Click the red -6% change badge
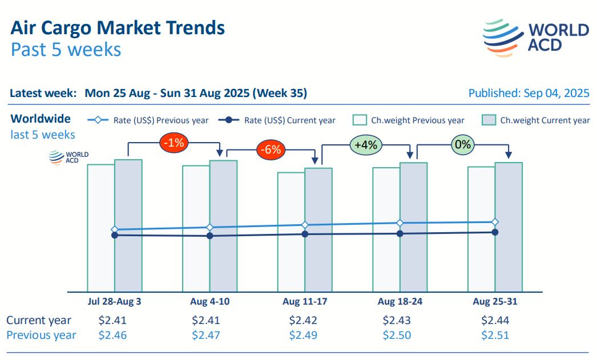point(270,149)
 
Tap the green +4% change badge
point(365,144)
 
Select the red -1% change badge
point(173,143)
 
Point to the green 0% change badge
point(462,144)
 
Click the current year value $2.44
point(495,320)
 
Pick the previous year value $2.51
point(495,335)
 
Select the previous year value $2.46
point(113,335)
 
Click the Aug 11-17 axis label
point(305,301)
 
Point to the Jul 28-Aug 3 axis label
point(115,301)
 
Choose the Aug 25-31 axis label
point(495,301)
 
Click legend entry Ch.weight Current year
point(536,120)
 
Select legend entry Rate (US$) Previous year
point(148,120)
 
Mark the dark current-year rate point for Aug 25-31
point(495,232)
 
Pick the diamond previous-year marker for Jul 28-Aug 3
point(115,229)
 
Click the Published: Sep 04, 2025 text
point(529,93)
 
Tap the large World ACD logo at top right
point(535,38)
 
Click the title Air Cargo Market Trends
point(118,27)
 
